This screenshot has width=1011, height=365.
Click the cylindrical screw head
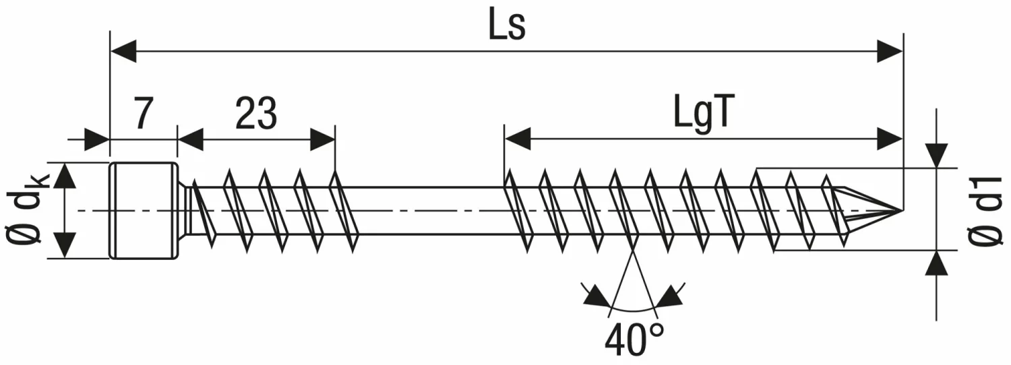coord(144,210)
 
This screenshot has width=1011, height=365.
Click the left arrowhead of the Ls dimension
coord(123,51)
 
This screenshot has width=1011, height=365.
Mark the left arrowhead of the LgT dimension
coord(518,140)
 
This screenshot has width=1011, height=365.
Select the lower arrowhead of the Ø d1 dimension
coord(937,264)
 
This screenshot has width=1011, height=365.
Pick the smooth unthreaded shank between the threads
coord(431,211)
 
